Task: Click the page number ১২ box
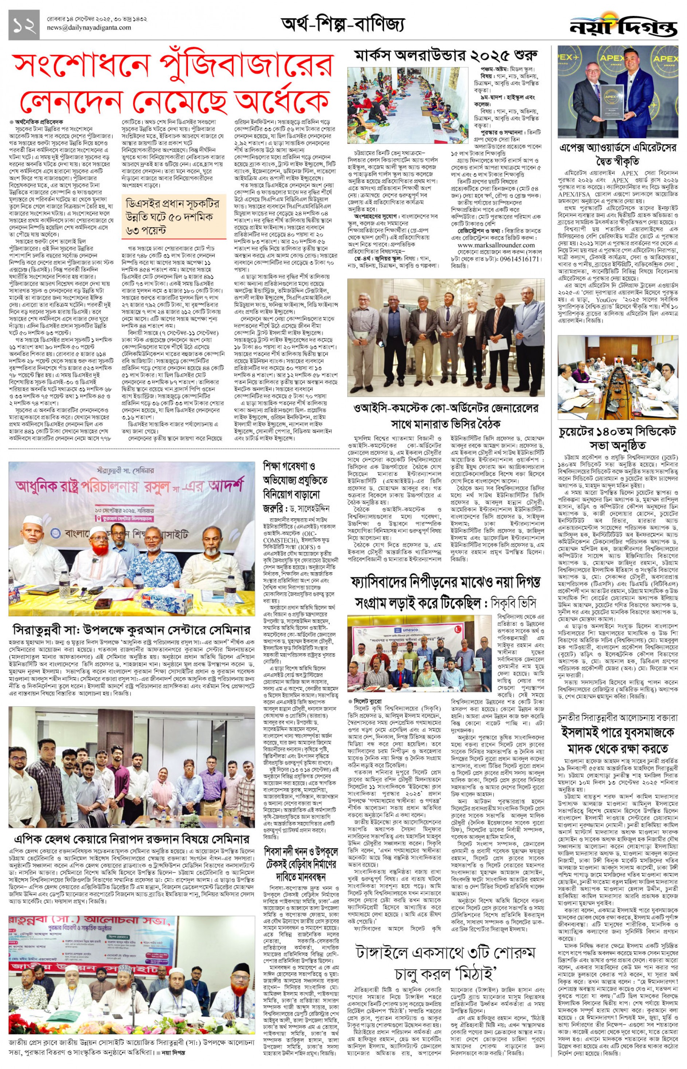coord(24,24)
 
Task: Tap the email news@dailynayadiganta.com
coord(89,28)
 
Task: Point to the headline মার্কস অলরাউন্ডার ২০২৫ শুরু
coord(446,56)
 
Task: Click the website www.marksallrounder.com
coord(489,245)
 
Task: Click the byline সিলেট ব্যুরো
coord(368,701)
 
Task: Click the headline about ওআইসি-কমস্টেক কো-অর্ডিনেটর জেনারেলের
coord(446,414)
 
